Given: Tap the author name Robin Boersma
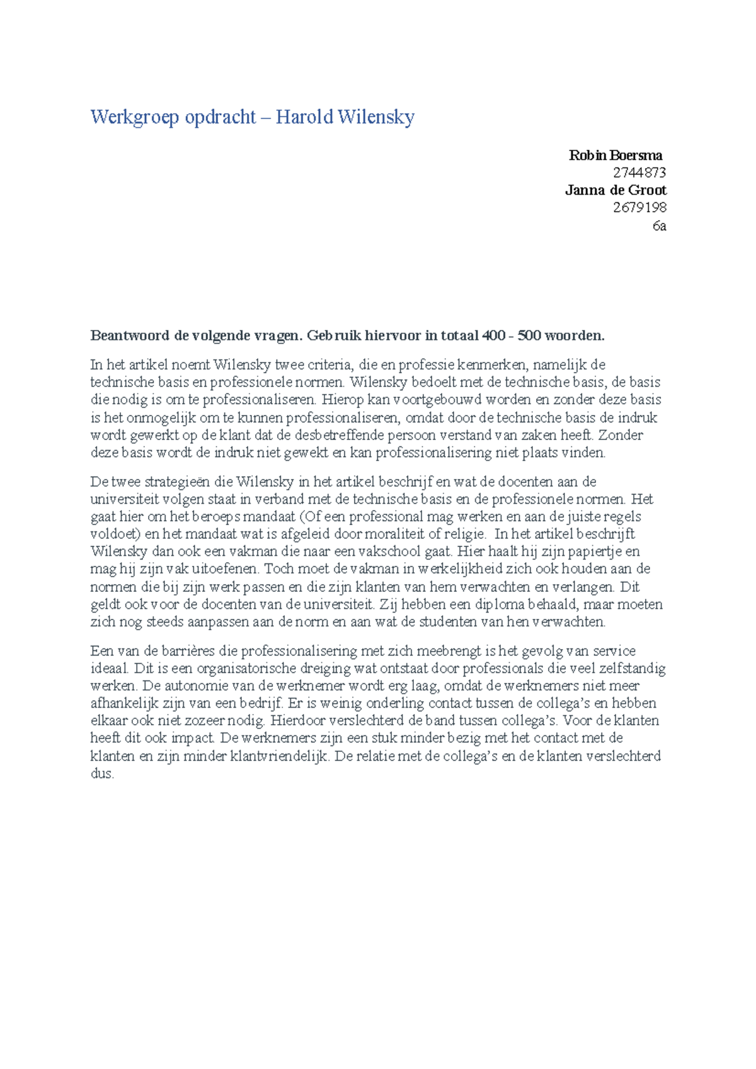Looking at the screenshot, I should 615,155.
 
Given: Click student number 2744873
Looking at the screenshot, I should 639,173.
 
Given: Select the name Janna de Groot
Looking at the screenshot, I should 615,190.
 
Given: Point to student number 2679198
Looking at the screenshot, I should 639,208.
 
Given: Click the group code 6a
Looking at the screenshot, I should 659,226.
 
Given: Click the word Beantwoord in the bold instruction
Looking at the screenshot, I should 130,336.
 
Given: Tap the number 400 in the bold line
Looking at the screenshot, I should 493,336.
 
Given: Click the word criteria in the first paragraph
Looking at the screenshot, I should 330,365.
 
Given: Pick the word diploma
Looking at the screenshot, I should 500,604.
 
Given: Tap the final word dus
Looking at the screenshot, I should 101,774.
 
